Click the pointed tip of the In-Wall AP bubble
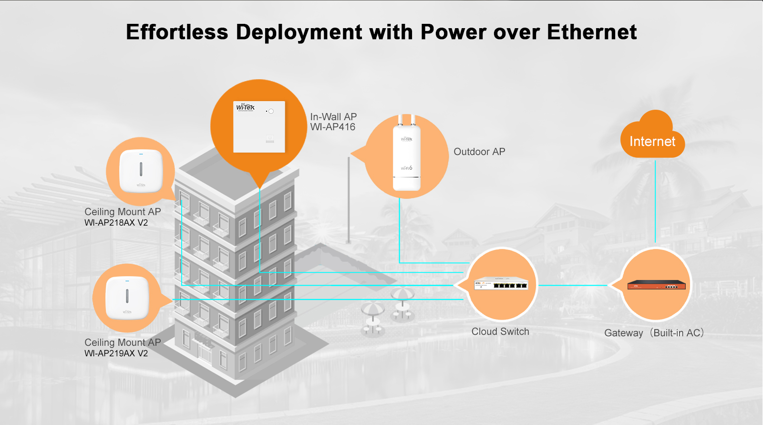click(x=259, y=188)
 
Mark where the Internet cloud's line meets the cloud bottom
click(x=655, y=158)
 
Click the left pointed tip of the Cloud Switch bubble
click(x=454, y=285)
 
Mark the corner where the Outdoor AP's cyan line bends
click(x=400, y=263)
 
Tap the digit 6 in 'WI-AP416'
click(x=352, y=127)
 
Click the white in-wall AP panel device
click(x=259, y=127)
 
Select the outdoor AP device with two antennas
click(x=406, y=153)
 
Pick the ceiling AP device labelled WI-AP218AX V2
click(x=141, y=171)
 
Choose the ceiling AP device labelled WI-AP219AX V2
click(x=127, y=298)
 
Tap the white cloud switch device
click(x=501, y=283)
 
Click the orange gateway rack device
click(x=656, y=285)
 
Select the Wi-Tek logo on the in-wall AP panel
click(x=245, y=107)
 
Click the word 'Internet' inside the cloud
click(x=652, y=142)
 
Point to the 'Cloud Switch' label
click(x=500, y=332)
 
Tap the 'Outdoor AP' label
click(x=479, y=152)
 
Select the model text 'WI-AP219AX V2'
click(x=116, y=353)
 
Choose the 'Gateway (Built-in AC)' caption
click(x=654, y=333)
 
